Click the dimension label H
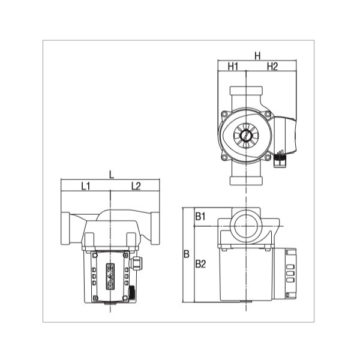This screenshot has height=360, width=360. [257, 56]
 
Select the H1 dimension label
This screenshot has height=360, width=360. [233, 67]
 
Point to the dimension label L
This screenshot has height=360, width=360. [112, 175]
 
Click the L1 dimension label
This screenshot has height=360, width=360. [86, 186]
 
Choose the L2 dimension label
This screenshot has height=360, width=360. [136, 186]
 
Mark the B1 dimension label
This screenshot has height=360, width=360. [200, 215]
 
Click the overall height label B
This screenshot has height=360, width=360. [186, 254]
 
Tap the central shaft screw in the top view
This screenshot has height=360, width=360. [245, 136]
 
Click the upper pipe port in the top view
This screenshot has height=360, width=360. [245, 96]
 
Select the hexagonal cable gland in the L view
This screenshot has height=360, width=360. [139, 262]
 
